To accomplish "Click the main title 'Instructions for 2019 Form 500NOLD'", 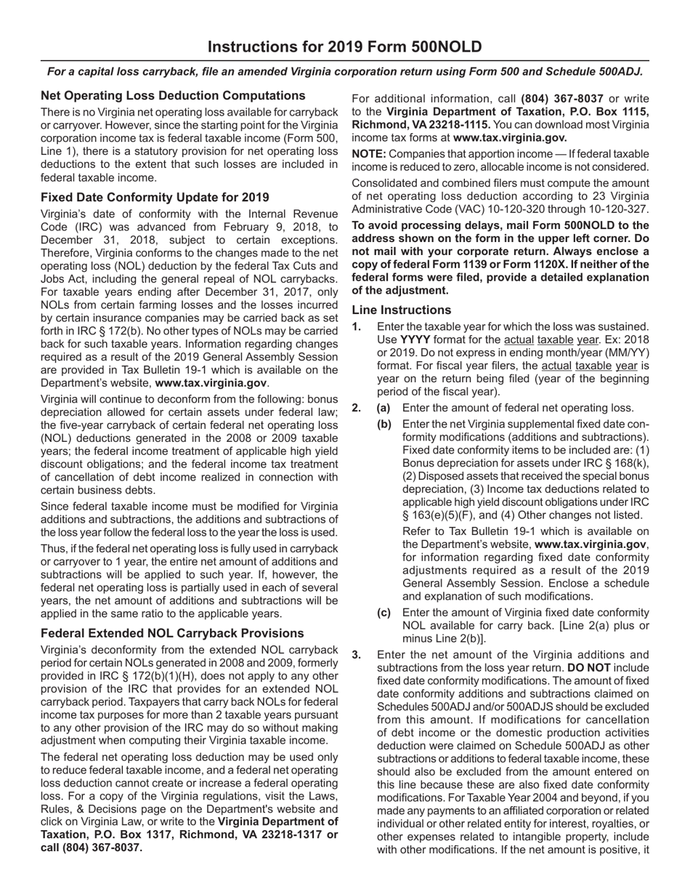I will point(344,47).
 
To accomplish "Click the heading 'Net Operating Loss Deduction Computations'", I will point(173,95).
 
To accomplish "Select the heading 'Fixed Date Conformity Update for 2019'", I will point(155,198).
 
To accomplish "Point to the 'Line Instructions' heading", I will point(401,310).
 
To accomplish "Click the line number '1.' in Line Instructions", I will point(357,327).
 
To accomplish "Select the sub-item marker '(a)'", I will point(383,408).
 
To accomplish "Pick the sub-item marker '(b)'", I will point(383,424).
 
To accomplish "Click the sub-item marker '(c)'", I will point(383,613).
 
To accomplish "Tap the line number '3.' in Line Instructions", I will point(357,655).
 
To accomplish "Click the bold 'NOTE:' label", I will point(369,154).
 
